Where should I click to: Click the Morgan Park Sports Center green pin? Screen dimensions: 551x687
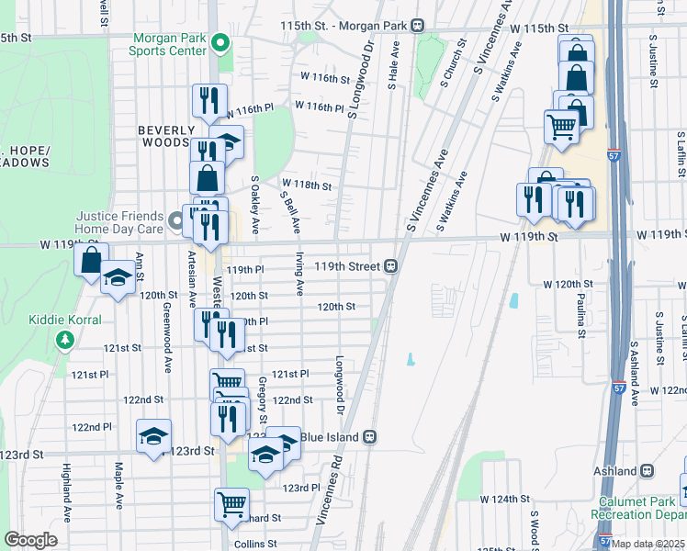tap(220, 42)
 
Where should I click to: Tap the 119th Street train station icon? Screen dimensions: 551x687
tap(390, 266)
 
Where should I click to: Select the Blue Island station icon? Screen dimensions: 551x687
tap(370, 437)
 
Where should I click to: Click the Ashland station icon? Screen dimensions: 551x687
tap(647, 471)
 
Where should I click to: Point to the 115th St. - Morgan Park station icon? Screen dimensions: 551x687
tap(417, 25)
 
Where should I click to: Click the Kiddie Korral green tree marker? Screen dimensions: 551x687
tap(64, 340)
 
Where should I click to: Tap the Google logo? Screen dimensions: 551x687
tap(30, 539)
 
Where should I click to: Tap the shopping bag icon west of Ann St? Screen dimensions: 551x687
tap(91, 259)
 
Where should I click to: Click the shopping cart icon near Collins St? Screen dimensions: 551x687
tap(231, 503)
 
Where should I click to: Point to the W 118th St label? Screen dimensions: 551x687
tap(306, 185)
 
